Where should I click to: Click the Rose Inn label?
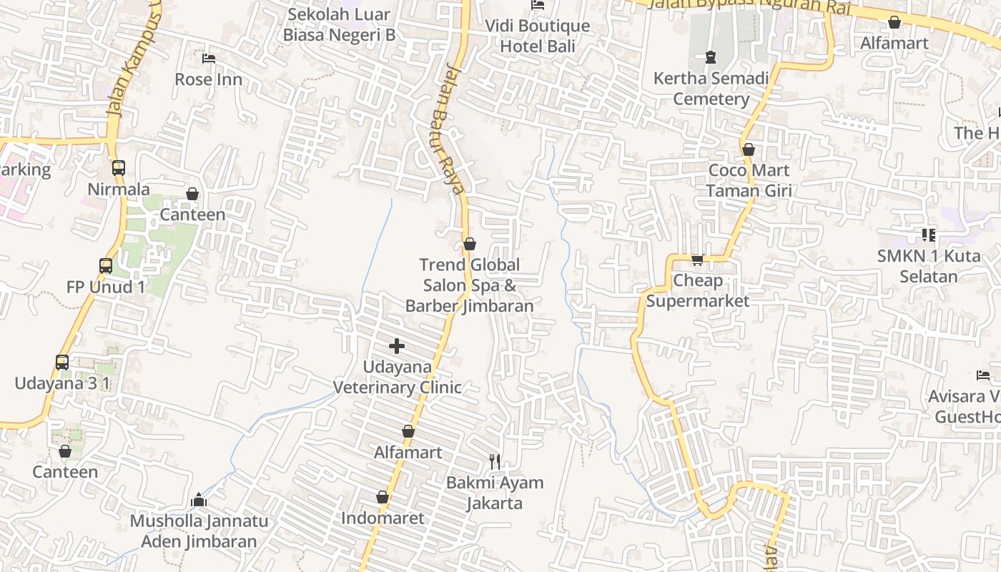click(x=208, y=79)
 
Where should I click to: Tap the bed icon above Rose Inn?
click(x=208, y=58)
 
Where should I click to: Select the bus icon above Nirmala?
click(x=119, y=168)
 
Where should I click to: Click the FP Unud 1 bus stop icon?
click(x=106, y=266)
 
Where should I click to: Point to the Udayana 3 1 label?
click(x=62, y=383)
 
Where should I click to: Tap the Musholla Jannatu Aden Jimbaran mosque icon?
click(x=199, y=499)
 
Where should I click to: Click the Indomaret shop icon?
click(x=383, y=497)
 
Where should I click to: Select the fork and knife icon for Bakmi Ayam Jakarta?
click(x=495, y=461)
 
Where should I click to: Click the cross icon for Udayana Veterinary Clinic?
click(x=397, y=347)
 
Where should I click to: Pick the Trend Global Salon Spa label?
click(x=469, y=285)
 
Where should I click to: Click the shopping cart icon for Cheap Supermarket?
click(x=697, y=260)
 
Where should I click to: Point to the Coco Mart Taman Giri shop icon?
click(x=749, y=149)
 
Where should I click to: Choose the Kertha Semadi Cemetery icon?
click(x=710, y=56)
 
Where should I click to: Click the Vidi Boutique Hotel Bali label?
click(x=538, y=36)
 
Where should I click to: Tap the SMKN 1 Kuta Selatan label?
click(x=929, y=266)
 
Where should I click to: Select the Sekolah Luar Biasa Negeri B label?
click(x=339, y=24)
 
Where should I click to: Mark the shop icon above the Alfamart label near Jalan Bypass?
click(x=894, y=22)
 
